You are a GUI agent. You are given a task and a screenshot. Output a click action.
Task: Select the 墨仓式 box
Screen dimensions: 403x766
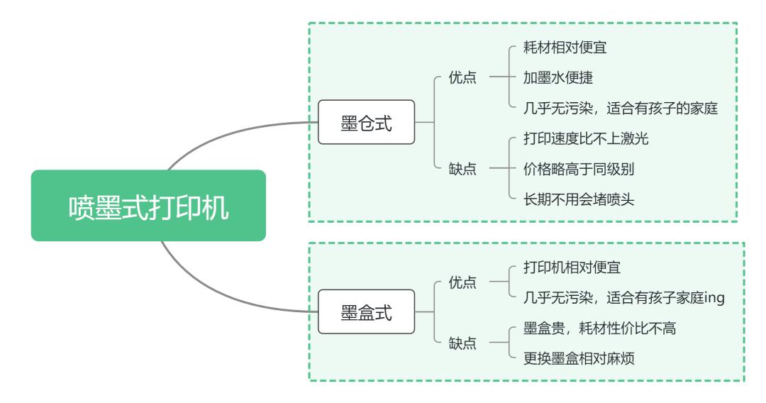(x=366, y=122)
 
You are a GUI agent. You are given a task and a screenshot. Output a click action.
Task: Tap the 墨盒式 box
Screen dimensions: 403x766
(x=366, y=311)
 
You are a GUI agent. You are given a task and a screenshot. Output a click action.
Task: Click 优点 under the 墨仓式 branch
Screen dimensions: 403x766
(x=463, y=78)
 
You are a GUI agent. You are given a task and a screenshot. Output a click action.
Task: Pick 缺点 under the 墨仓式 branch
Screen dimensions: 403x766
(x=463, y=169)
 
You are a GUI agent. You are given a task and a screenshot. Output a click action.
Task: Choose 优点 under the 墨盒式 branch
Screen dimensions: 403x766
(x=463, y=282)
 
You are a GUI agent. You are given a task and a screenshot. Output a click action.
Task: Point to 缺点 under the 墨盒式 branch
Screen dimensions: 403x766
(x=463, y=343)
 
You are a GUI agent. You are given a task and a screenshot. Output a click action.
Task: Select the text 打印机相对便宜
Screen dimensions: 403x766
(x=572, y=267)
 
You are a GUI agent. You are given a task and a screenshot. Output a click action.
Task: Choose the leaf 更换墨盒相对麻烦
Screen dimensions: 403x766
(x=579, y=359)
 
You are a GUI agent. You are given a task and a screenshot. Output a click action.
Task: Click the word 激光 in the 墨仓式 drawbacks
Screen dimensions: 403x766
(x=635, y=138)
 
